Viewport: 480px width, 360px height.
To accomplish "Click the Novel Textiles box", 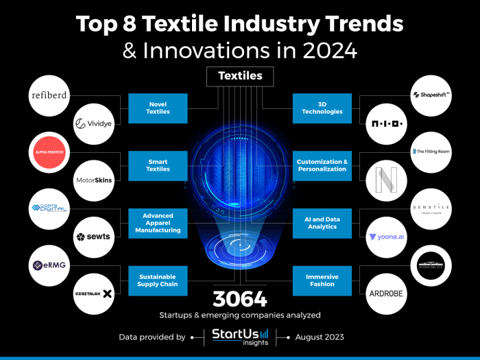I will coord(158,107).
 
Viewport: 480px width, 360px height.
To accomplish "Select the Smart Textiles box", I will coord(158,165).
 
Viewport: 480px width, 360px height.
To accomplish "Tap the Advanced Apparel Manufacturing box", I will coord(158,223).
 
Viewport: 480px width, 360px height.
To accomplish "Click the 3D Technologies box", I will coord(322,107).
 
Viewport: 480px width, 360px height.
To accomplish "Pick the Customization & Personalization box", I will coord(322,165).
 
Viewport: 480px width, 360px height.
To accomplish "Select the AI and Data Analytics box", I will coord(322,223).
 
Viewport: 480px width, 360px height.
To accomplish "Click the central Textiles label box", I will coord(240,76).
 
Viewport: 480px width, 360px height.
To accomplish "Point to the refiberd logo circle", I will coord(49,95).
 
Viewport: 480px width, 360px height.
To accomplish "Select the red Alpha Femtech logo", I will coord(49,152).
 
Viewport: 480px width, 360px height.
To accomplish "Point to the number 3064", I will coord(239,299).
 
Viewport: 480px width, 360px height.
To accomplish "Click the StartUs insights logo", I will coord(239,337).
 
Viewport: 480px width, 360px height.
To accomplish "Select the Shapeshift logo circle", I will coord(431,95).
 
